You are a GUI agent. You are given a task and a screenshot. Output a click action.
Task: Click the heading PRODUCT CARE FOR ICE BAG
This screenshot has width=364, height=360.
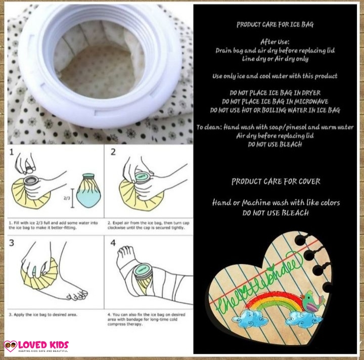pos(276,24)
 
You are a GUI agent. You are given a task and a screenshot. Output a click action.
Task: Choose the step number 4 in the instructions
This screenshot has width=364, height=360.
pos(113,243)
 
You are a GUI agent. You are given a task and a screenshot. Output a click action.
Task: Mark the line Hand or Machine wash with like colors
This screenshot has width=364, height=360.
pos(276,203)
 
